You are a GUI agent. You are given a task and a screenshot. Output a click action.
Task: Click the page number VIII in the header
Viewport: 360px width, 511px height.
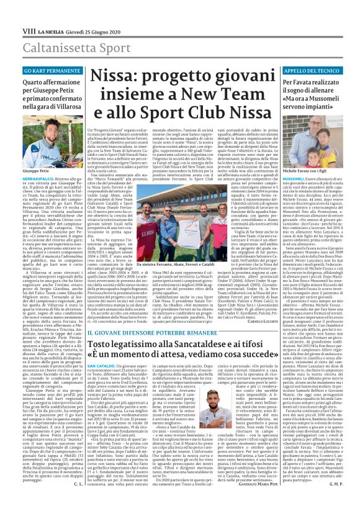(11, 12)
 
